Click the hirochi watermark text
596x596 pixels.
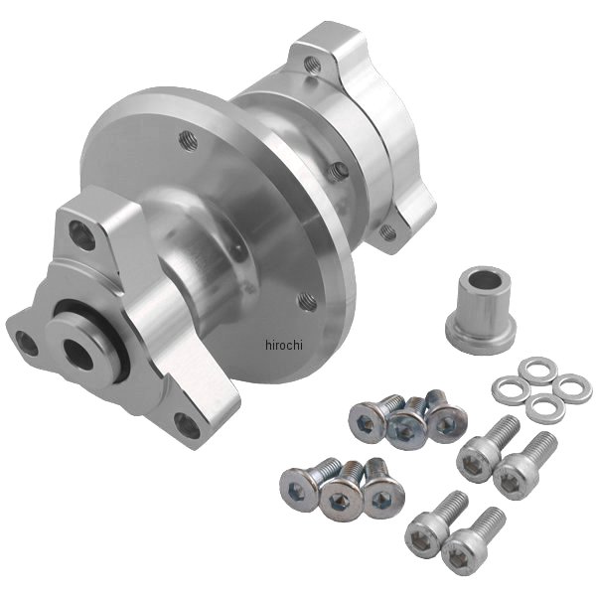(284, 345)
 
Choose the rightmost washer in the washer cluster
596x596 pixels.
(571, 387)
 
